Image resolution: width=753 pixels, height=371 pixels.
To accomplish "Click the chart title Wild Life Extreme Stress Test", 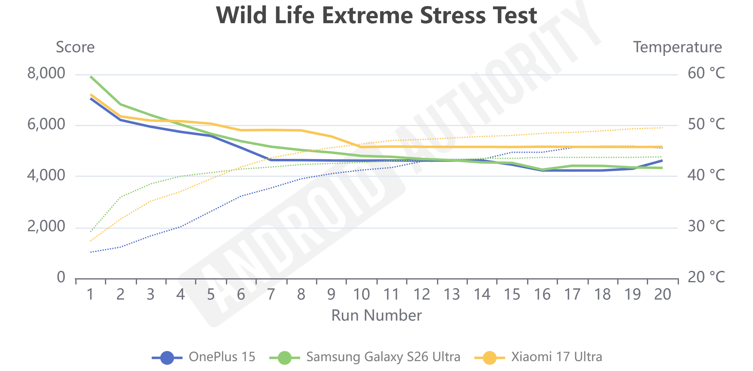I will point(376,15).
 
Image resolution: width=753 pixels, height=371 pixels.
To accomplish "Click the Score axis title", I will point(75,47).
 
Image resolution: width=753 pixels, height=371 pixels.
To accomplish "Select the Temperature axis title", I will point(677,47).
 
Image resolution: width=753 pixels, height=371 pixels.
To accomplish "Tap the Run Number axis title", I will point(376,316).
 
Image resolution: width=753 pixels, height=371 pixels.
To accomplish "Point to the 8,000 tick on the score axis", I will point(46,74).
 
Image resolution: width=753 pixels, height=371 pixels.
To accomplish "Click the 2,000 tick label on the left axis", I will point(46,227).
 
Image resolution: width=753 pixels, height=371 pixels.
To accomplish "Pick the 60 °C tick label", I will point(706,74).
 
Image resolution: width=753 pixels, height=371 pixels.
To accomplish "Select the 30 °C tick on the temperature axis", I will point(706,227).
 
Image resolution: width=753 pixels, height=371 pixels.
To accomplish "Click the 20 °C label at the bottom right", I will point(706,277).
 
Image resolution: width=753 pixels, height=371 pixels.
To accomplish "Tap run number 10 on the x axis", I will point(361,294).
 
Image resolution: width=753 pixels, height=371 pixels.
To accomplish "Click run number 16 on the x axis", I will point(542,294).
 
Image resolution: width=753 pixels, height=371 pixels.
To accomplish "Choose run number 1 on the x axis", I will point(90,294).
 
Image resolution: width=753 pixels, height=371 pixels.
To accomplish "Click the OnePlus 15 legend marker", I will point(167,358).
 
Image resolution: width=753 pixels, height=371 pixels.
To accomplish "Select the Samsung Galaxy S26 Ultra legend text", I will point(383,357).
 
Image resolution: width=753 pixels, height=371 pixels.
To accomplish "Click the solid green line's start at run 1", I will point(91,76).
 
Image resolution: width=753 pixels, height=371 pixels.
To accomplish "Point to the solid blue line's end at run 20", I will point(662,160).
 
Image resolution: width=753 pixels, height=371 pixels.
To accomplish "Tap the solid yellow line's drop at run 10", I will point(361,147).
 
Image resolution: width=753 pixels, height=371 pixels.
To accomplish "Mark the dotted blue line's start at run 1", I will point(91,252).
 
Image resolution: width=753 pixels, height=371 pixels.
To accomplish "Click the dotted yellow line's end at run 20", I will point(662,128).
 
